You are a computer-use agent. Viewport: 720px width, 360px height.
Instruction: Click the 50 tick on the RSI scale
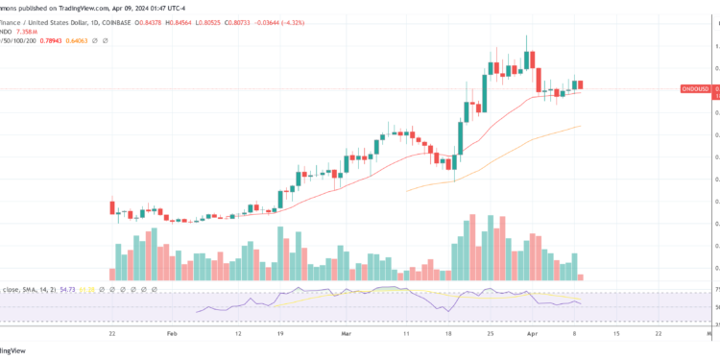(714, 307)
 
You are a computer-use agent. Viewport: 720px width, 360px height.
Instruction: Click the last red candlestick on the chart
(582, 86)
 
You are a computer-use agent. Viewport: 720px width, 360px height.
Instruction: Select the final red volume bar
(582, 276)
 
